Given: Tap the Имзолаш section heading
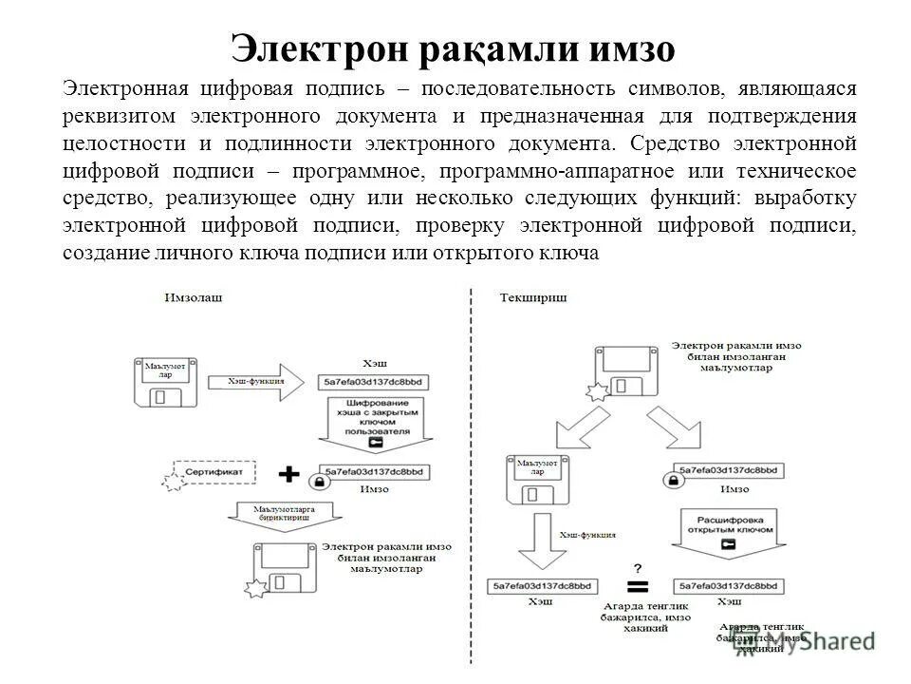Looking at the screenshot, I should pyautogui.click(x=194, y=298).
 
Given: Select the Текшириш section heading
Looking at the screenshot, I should pyautogui.click(x=533, y=298).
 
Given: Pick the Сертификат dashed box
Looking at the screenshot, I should pyautogui.click(x=214, y=472).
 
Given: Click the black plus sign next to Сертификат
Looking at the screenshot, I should pyautogui.click(x=288, y=472).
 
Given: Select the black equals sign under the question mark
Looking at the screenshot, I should pyautogui.click(x=638, y=584).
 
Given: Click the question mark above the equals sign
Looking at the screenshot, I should pyautogui.click(x=638, y=565).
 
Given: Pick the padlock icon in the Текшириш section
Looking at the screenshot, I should pyautogui.click(x=672, y=483).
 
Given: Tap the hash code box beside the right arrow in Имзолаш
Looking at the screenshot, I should pyautogui.click(x=374, y=382).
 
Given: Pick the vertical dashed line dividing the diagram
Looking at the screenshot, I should pyautogui.click(x=471, y=475).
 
